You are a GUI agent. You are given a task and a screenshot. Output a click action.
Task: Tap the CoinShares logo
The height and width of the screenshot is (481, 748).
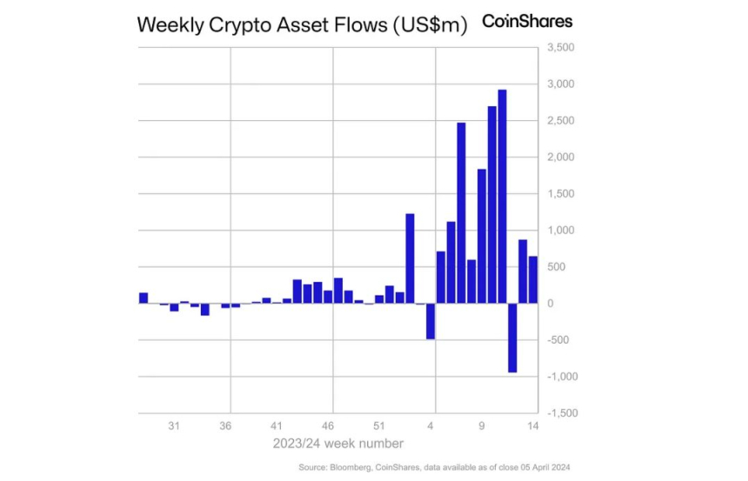tap(527, 21)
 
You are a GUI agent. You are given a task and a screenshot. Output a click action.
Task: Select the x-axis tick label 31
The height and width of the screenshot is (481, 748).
tap(174, 426)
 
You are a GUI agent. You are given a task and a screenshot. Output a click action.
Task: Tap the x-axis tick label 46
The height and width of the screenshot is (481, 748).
tap(328, 426)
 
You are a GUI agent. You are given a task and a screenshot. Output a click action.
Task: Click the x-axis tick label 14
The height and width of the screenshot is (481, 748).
tap(533, 426)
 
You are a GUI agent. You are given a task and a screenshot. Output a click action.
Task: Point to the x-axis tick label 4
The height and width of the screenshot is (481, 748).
tap(431, 426)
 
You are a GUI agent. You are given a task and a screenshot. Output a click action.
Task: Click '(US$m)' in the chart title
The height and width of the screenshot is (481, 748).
tap(428, 25)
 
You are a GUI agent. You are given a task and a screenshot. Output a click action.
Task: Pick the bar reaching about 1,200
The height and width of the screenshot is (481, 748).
tap(410, 258)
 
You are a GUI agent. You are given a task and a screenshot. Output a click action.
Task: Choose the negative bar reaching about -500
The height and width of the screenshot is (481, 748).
tap(430, 321)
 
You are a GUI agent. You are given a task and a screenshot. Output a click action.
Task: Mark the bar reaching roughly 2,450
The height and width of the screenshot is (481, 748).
tap(461, 213)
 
